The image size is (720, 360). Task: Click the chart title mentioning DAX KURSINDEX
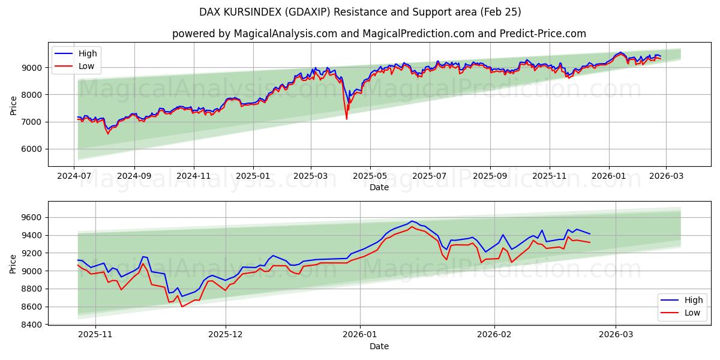[x=360, y=12]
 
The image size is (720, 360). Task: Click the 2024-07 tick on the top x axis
[x=74, y=177]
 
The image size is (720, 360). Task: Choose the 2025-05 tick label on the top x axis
[x=370, y=177]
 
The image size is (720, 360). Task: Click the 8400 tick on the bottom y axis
[x=34, y=325]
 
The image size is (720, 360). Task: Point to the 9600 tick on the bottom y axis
[x=34, y=217]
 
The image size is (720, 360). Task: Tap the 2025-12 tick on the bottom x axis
[x=226, y=335]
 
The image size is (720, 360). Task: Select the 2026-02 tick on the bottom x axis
[x=495, y=335]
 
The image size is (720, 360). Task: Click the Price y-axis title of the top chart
[x=13, y=105]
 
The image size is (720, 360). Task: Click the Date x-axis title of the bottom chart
[x=379, y=346]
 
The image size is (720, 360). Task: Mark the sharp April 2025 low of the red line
[x=346, y=119]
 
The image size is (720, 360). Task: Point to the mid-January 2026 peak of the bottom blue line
[x=412, y=221]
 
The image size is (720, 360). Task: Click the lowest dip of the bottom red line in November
[x=182, y=307]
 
